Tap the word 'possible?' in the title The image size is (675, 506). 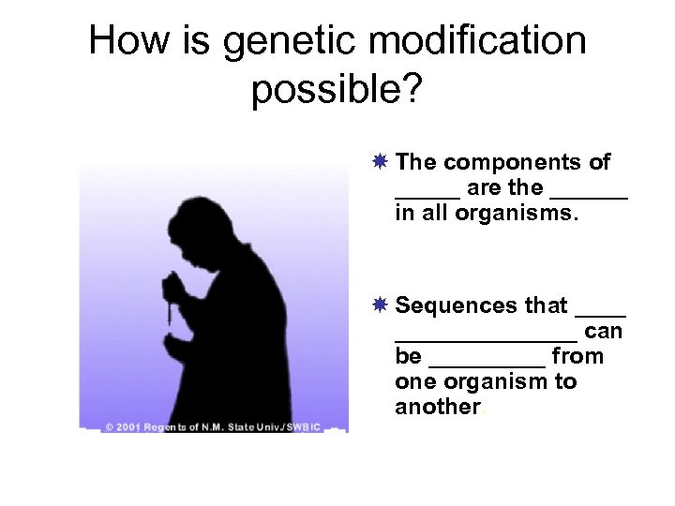337,93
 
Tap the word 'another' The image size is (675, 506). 438,408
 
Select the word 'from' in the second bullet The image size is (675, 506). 577,357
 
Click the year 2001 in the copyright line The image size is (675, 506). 129,427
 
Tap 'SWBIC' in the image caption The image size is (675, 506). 304,427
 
